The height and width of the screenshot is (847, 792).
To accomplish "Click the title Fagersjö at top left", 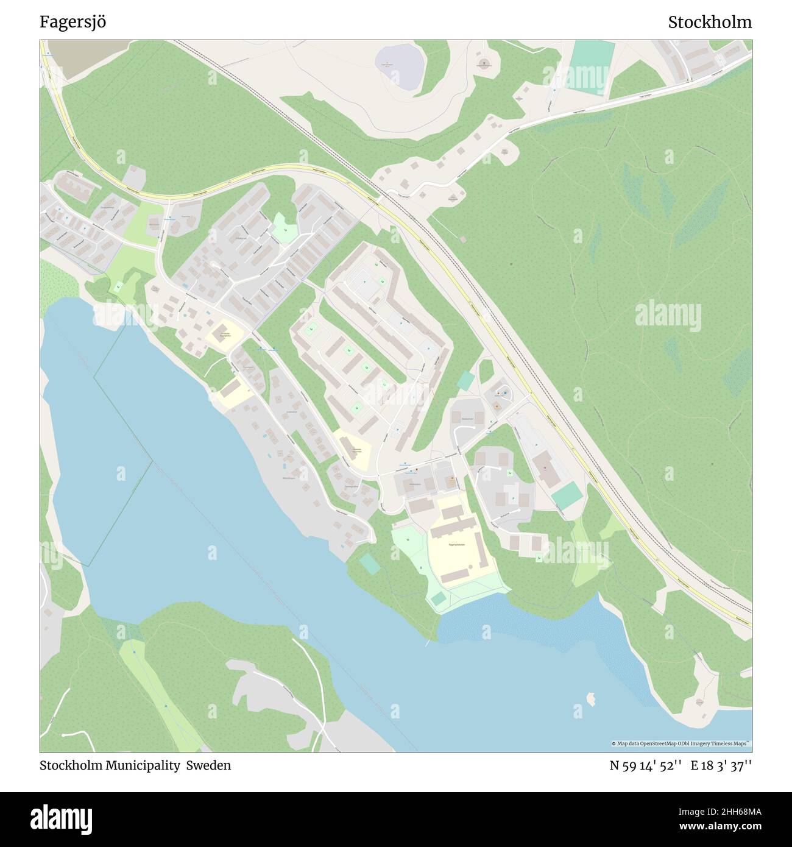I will (73, 22).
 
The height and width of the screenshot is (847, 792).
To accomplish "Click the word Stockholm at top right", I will (709, 22).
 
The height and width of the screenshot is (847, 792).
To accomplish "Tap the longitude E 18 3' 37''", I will (721, 765).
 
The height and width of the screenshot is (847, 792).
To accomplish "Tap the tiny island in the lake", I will (590, 696).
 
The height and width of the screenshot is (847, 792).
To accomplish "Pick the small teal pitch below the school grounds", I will (438, 598).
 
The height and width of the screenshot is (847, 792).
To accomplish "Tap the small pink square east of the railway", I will (462, 239).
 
